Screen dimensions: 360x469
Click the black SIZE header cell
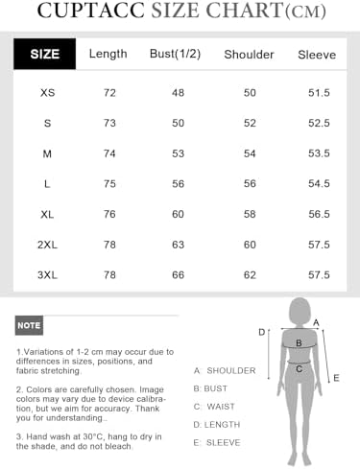[45, 54]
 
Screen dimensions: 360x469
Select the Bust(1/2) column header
[175, 54]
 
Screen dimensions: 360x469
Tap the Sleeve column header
[316, 55]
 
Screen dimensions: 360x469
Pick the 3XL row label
[48, 274]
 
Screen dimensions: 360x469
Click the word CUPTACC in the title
[91, 12]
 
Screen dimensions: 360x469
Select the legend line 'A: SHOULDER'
[225, 370]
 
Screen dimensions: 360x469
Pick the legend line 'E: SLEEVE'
[217, 442]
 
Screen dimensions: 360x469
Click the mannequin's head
[300, 312]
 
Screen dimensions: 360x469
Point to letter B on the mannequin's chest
[300, 342]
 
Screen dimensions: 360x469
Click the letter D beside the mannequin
[261, 332]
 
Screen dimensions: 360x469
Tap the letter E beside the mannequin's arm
[336, 378]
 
